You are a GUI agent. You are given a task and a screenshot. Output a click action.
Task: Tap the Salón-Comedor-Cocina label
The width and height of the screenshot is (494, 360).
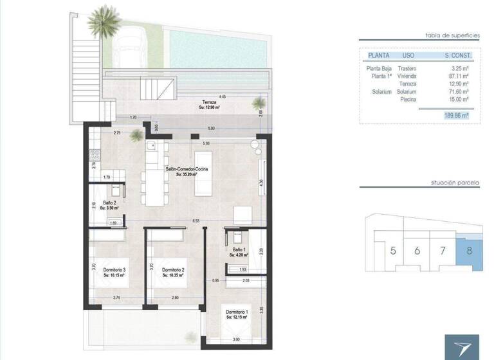[186, 168]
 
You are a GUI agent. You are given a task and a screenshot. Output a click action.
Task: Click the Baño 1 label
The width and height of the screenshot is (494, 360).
[238, 249]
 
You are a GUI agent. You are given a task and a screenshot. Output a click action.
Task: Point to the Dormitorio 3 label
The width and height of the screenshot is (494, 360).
[114, 269]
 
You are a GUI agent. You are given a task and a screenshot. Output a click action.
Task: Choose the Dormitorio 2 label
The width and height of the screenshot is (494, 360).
[174, 269]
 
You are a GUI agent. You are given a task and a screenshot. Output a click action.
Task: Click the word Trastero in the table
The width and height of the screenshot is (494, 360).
[408, 68]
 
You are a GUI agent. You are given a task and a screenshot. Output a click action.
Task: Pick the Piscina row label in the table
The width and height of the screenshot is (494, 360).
[408, 99]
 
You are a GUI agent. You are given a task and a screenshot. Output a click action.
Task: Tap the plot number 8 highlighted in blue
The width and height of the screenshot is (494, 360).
[469, 250]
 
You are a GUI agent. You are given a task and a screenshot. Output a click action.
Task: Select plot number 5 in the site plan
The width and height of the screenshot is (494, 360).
[393, 250]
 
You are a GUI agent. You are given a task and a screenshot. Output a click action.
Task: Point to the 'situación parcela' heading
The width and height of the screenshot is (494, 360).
[455, 183]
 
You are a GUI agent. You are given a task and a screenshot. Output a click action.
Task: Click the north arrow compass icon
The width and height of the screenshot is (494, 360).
[462, 347]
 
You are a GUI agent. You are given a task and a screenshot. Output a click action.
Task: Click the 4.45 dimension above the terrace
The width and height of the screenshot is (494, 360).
[222, 96]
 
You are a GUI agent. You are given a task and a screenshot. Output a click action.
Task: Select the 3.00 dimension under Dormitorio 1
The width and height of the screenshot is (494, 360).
[237, 339]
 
